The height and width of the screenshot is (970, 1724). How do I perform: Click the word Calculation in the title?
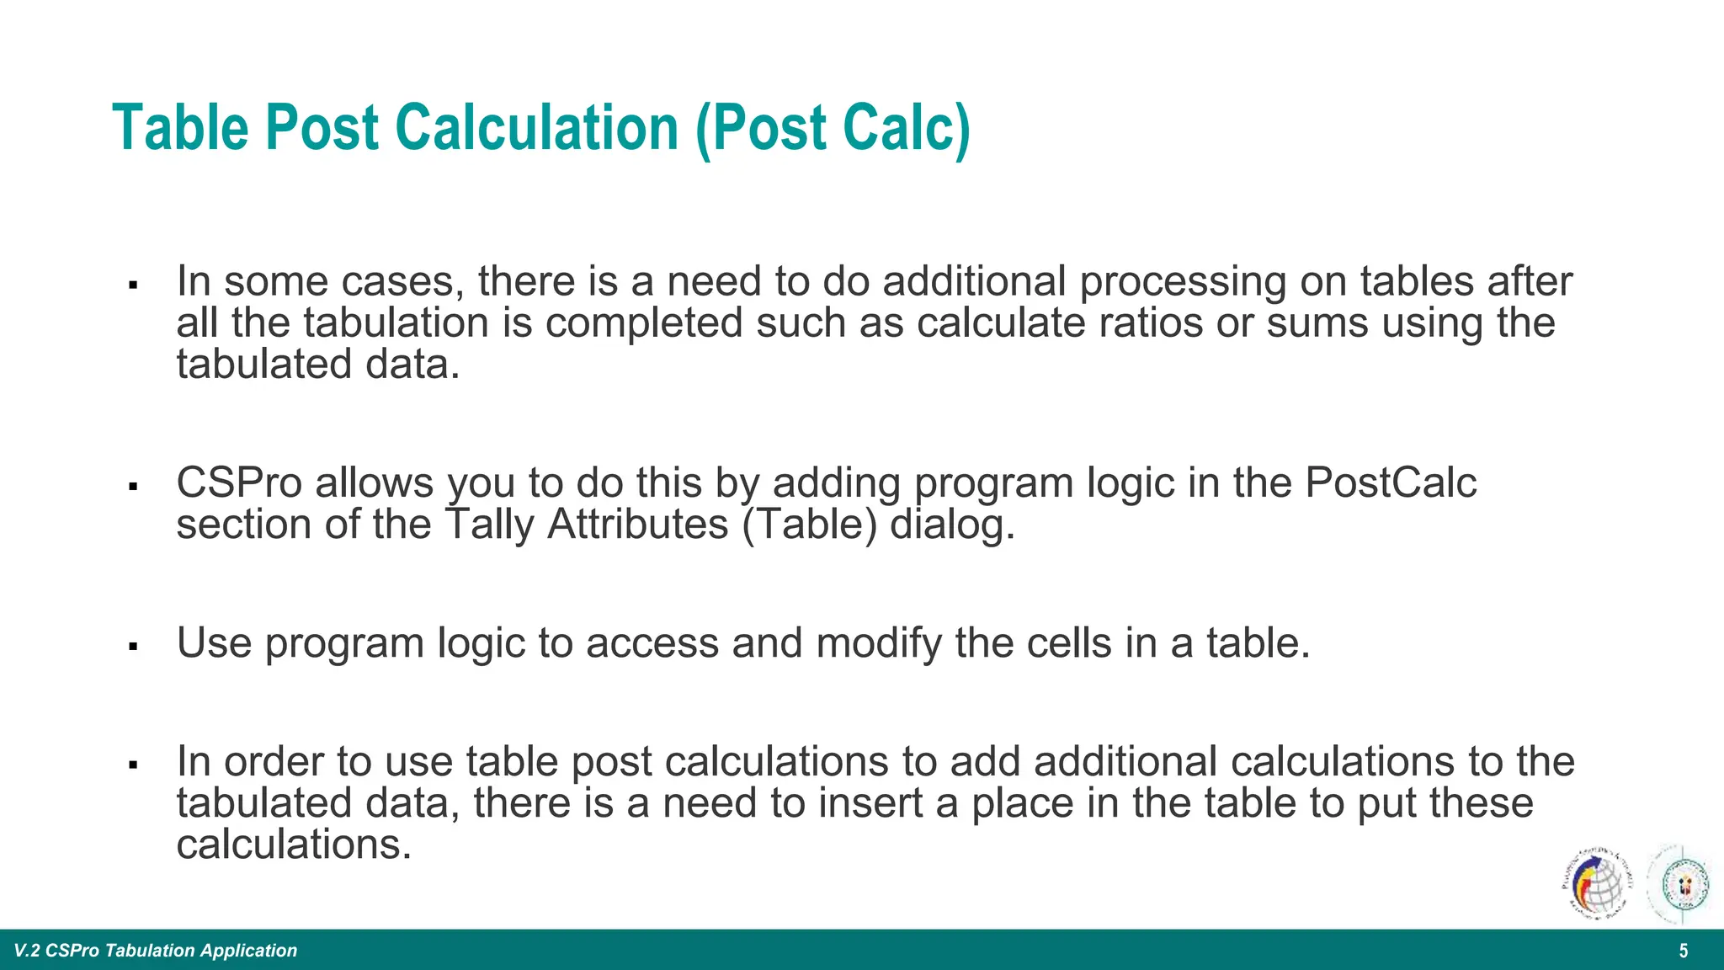coord(537,128)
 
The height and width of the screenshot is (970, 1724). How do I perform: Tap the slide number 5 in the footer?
coord(1684,951)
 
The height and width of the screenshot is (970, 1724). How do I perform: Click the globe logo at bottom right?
coord(1595,885)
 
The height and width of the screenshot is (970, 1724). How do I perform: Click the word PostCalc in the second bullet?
coord(1391,483)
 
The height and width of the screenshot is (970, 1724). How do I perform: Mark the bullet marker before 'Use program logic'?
coord(133,647)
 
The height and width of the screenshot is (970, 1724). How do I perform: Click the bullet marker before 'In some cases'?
coord(133,285)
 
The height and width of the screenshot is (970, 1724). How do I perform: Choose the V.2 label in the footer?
coord(27,951)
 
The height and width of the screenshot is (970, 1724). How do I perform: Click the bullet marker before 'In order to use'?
coord(133,765)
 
